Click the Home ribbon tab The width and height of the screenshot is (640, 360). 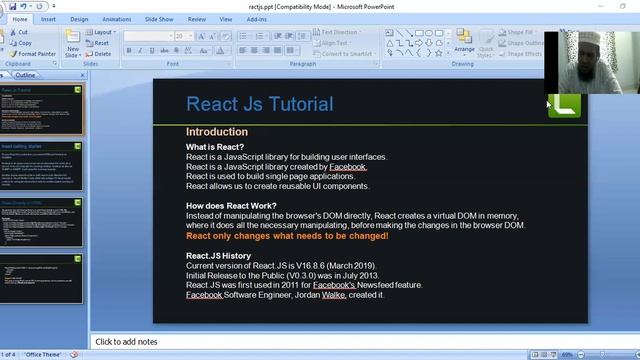coord(20,18)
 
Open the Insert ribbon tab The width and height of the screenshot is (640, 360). coord(48,18)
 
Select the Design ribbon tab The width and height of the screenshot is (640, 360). coord(79,18)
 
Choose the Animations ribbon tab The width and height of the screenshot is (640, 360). coord(116,18)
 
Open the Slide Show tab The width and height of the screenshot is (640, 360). coord(158,18)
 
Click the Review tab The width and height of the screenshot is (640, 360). coord(196,18)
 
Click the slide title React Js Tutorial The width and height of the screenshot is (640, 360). coord(259,104)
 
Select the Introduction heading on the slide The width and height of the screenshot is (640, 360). coord(216,132)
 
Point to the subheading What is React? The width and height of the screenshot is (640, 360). coord(214,147)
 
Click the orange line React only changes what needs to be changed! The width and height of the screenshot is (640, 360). coord(287,236)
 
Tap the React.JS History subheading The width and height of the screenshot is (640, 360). coord(218,255)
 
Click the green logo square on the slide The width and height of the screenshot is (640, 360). coord(564,104)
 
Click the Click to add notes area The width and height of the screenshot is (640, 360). coord(127,342)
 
